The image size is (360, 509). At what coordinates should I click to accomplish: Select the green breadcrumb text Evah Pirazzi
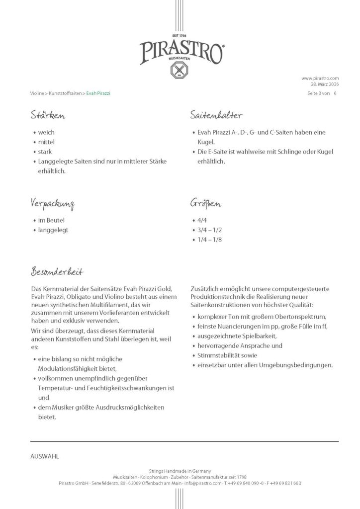[x=98, y=93]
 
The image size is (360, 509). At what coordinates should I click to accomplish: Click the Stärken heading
[x=48, y=116]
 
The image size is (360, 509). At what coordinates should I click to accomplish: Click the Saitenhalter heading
[x=216, y=116]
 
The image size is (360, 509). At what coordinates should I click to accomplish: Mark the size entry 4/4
[x=201, y=220]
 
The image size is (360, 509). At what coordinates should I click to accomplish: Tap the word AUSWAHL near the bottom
[x=45, y=456]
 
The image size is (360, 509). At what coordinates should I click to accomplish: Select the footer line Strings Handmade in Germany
[x=180, y=471]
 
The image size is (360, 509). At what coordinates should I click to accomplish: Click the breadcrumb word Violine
[x=37, y=93]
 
